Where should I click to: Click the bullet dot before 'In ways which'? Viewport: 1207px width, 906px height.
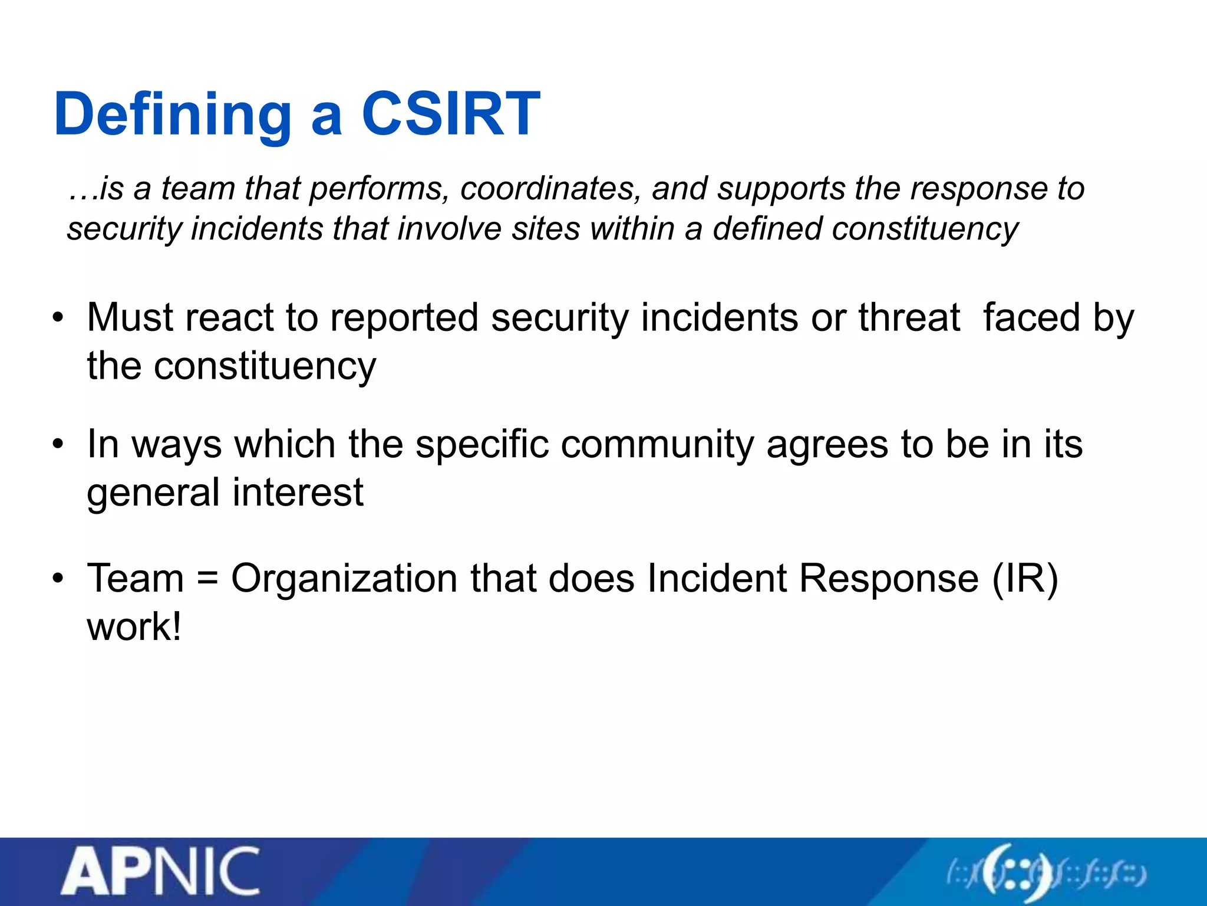tap(57, 445)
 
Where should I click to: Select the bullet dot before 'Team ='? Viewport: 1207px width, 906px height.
tap(57, 578)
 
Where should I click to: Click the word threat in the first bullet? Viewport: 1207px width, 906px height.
tap(909, 318)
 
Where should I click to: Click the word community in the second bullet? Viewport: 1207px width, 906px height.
tap(657, 445)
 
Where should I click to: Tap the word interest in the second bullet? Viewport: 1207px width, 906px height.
tap(298, 493)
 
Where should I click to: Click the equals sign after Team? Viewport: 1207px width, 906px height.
tap(207, 579)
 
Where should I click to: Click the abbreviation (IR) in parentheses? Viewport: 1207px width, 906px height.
tap(1025, 579)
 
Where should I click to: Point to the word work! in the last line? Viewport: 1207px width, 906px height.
tap(134, 626)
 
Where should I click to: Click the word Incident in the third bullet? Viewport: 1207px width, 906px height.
tap(717, 578)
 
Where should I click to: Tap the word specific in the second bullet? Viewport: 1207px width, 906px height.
tap(482, 445)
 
